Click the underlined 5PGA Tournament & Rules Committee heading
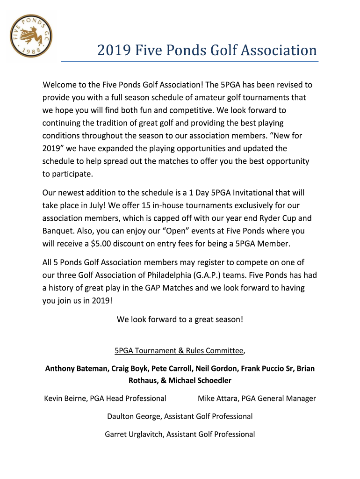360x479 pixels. coord(179,350)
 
